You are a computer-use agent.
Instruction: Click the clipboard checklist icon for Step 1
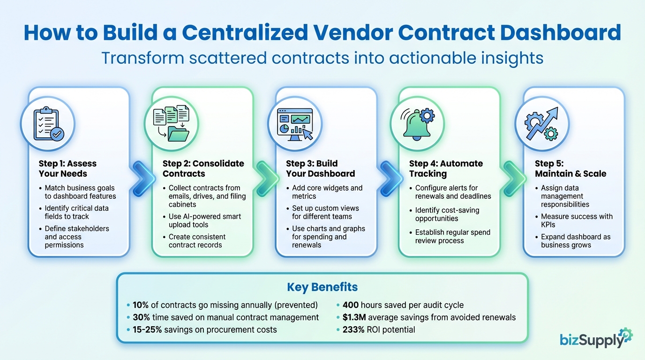[48, 123]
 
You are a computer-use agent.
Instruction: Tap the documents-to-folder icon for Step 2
[171, 123]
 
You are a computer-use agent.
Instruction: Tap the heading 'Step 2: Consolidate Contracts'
[203, 168]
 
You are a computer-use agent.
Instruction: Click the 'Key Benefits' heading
[322, 287]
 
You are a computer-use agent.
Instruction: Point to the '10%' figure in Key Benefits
[140, 305]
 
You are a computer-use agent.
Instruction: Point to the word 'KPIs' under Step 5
[548, 225]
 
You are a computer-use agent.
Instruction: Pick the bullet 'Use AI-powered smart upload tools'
[205, 220]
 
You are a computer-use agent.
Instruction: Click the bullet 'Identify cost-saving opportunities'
[447, 214]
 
